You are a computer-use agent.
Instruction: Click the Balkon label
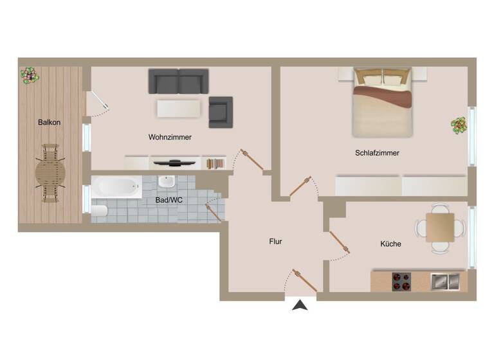click(x=49, y=122)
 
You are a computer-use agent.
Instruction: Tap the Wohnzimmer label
click(x=170, y=137)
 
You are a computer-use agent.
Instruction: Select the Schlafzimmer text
click(x=377, y=153)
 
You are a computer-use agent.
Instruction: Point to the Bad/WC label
click(x=169, y=200)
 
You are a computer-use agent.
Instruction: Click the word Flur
click(x=275, y=242)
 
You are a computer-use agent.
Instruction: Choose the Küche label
click(x=390, y=244)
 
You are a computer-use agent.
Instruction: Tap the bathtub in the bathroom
click(x=115, y=188)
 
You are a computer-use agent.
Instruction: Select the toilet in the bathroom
click(x=100, y=212)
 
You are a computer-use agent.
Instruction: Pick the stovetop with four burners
click(x=402, y=282)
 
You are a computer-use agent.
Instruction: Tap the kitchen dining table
click(x=440, y=227)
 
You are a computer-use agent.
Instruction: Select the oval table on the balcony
click(x=50, y=173)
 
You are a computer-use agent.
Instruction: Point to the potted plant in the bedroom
click(x=459, y=125)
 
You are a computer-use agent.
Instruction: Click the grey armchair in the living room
click(x=220, y=112)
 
